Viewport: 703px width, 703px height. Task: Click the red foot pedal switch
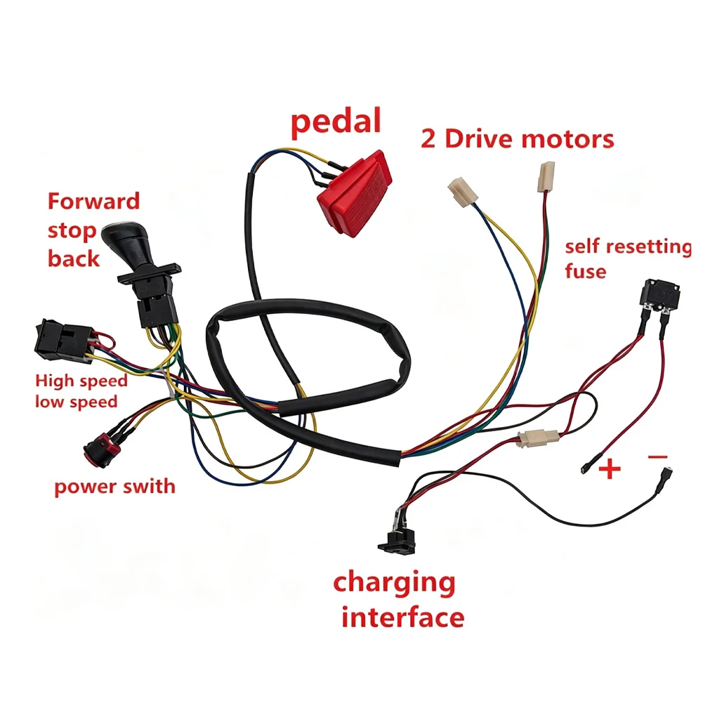pyautogui.click(x=355, y=194)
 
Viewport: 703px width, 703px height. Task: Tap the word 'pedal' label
pyautogui.click(x=336, y=121)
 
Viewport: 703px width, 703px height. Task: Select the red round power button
pyautogui.click(x=103, y=449)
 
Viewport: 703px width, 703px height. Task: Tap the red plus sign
pyautogui.click(x=610, y=468)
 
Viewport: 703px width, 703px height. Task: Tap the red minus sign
pyautogui.click(x=658, y=457)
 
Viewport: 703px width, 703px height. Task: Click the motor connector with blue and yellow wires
pyautogui.click(x=463, y=192)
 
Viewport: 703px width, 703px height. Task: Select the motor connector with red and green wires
pyautogui.click(x=546, y=177)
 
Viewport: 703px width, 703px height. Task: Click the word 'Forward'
pyautogui.click(x=93, y=202)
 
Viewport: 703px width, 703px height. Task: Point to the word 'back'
pyautogui.click(x=74, y=259)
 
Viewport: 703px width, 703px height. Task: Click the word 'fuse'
pyautogui.click(x=586, y=271)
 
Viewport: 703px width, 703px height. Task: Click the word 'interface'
pyautogui.click(x=402, y=617)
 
